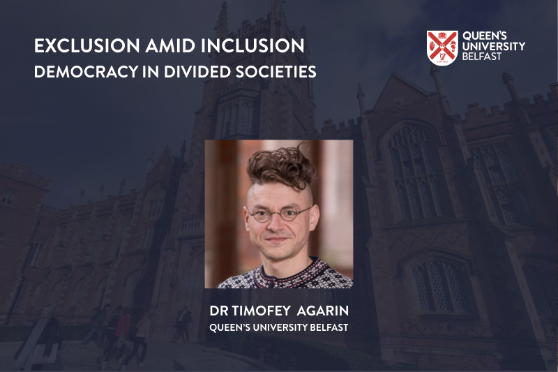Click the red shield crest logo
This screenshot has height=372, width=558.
442,47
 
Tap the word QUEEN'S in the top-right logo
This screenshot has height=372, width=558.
484,36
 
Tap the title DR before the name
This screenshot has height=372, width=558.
219,308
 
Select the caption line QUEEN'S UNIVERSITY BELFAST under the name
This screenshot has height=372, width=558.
278,325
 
